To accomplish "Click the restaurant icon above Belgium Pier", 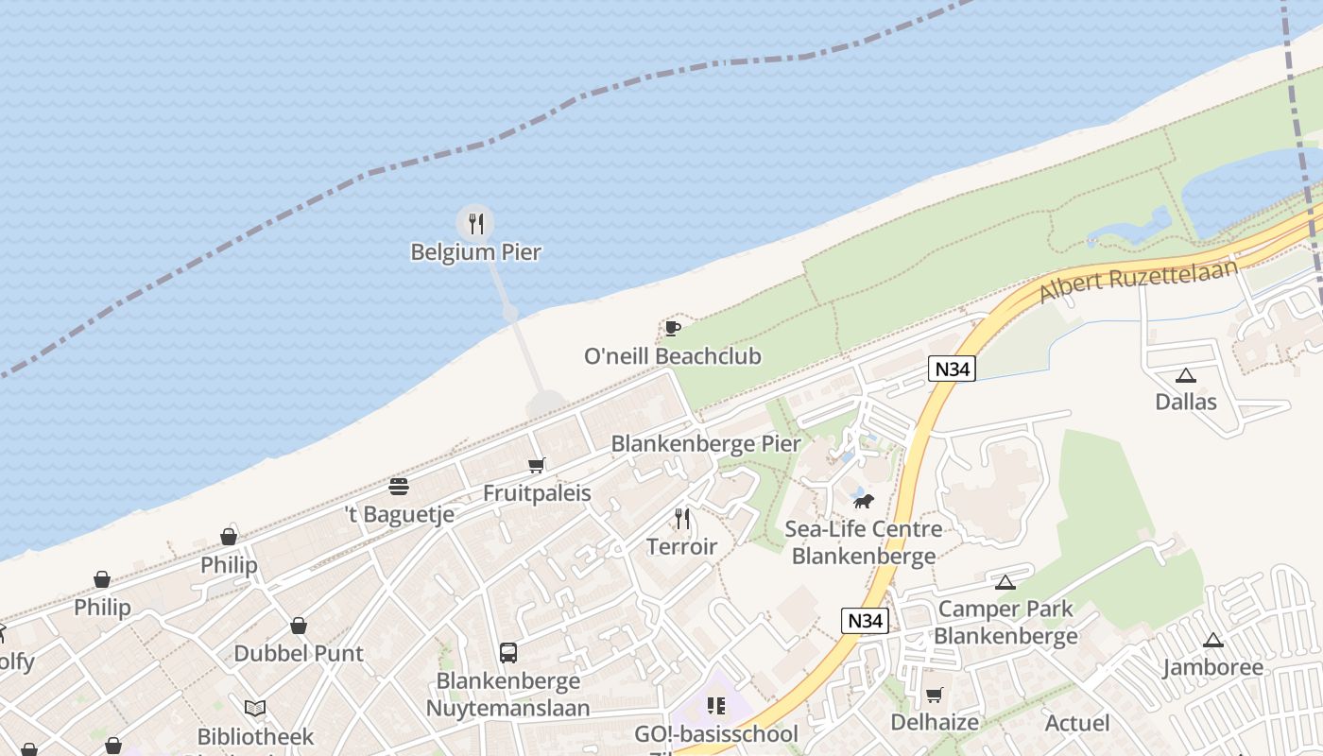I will [x=476, y=224].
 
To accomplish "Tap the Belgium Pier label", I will [x=476, y=252].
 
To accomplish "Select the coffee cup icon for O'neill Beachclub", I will [x=672, y=328].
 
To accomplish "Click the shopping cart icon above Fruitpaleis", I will [x=537, y=465].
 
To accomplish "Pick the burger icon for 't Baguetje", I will [x=399, y=487].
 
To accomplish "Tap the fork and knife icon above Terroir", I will [x=682, y=519].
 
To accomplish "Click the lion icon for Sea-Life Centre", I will [x=863, y=501].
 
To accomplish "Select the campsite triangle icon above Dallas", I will [x=1186, y=376].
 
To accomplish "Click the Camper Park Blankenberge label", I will [x=1005, y=622].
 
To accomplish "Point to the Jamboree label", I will [x=1213, y=667].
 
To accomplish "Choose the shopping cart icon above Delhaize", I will [x=935, y=696].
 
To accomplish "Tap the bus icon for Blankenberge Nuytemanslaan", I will [x=508, y=652].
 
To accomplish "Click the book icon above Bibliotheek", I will [x=255, y=708].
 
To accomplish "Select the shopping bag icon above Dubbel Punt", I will [x=299, y=626].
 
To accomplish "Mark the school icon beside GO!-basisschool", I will [x=716, y=706].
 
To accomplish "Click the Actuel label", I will [x=1077, y=723].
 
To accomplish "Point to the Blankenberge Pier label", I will [x=706, y=443].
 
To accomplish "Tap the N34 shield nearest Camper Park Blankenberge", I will [x=866, y=621].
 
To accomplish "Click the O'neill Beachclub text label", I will [x=673, y=356].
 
